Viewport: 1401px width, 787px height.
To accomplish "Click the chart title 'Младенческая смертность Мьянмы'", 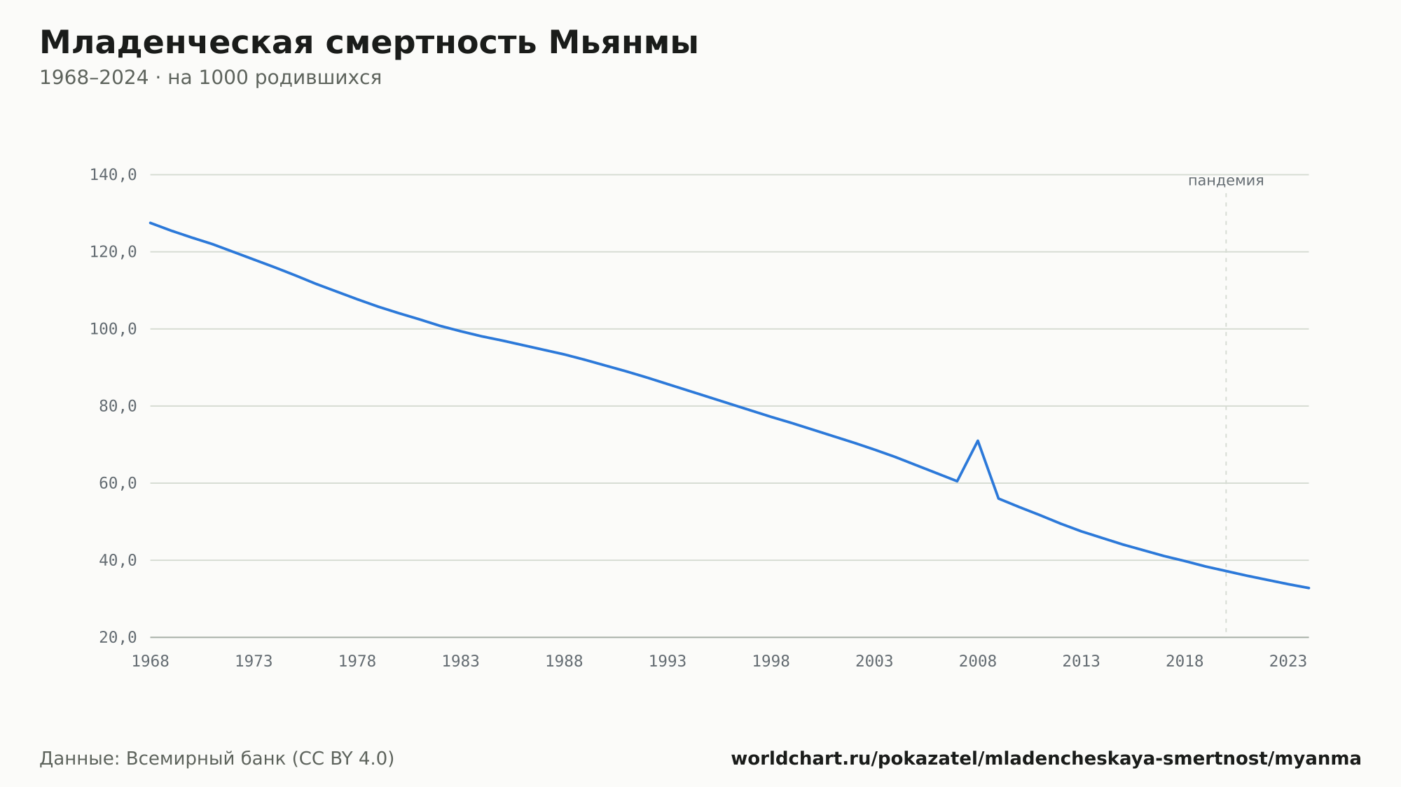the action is [368, 43].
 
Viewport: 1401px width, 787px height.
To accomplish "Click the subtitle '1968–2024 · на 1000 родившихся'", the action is [210, 78].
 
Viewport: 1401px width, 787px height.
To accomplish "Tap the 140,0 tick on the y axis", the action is [113, 175].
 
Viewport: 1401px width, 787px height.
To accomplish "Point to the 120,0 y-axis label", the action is [113, 252].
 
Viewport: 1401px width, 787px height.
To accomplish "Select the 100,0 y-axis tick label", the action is [113, 329].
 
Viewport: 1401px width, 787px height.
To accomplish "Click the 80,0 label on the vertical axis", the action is [118, 406].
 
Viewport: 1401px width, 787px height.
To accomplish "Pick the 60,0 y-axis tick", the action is [118, 483].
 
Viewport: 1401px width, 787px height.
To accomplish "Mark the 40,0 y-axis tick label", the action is [118, 560].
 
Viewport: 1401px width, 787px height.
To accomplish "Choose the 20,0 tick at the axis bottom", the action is [118, 637].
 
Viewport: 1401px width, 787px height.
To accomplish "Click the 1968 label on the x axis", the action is [151, 662].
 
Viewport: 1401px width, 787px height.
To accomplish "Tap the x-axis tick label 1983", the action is [461, 662].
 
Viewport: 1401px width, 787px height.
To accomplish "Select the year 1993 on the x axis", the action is [668, 662].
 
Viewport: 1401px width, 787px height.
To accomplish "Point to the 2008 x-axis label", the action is [978, 662].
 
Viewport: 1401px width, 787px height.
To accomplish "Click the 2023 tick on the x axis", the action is [1288, 662].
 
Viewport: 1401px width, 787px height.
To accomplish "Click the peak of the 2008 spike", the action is [978, 441].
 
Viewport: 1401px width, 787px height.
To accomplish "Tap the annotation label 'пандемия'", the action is [1226, 181].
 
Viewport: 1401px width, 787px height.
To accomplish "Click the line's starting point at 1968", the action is [151, 223].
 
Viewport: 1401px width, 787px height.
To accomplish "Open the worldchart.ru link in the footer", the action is [1046, 759].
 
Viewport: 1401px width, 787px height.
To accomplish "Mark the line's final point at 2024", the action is [1309, 588].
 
